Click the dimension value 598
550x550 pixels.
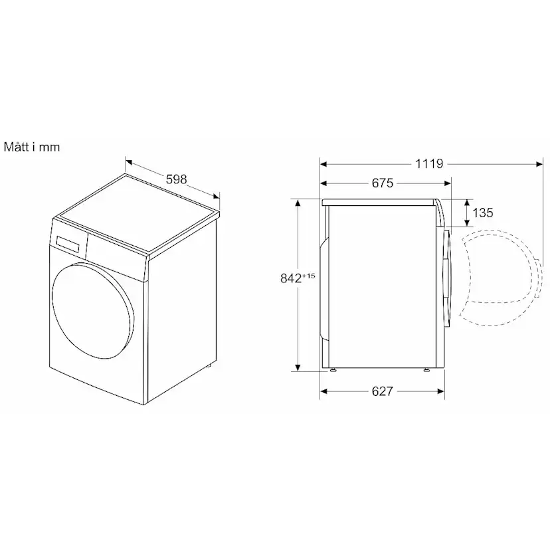click(x=176, y=179)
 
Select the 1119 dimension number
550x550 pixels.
click(x=429, y=164)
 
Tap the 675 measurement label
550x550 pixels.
click(x=383, y=183)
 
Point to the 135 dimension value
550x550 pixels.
click(x=483, y=213)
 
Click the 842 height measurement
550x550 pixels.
click(x=291, y=278)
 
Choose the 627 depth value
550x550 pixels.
click(x=383, y=391)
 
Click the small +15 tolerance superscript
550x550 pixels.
click(x=309, y=276)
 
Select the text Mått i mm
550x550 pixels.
click(x=32, y=147)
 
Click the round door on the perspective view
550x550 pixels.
click(x=93, y=302)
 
